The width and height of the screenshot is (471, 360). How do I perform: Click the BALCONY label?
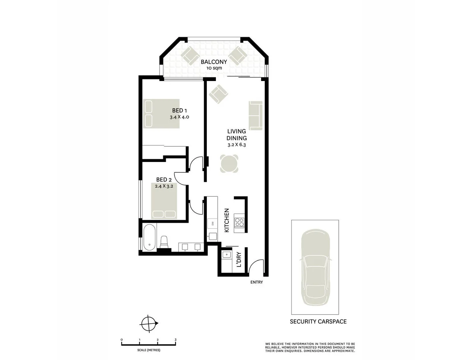point(214,62)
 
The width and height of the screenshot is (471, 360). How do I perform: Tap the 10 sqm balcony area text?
point(214,68)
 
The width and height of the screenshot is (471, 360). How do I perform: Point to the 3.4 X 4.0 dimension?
point(179,117)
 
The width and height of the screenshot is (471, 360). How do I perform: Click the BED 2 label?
point(164,180)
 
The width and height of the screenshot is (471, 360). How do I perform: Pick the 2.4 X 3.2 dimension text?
point(164,186)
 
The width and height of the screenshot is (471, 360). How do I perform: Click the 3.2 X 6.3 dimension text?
point(236,145)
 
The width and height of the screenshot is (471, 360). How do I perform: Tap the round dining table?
point(229,164)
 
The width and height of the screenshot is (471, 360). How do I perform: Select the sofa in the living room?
point(255,116)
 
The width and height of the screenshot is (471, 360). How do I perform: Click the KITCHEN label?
point(227,220)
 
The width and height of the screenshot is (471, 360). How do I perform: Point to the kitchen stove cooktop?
point(239,222)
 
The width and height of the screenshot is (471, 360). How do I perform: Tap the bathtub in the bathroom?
point(149,237)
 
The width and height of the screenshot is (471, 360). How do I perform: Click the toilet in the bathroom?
point(164,242)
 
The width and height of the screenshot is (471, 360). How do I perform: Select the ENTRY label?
point(256,282)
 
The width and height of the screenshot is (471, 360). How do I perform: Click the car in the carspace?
point(315,267)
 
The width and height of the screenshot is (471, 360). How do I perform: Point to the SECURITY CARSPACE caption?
point(318,322)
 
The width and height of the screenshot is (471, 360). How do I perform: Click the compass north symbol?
point(149,323)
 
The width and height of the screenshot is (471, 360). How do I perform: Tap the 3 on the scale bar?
point(176,340)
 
